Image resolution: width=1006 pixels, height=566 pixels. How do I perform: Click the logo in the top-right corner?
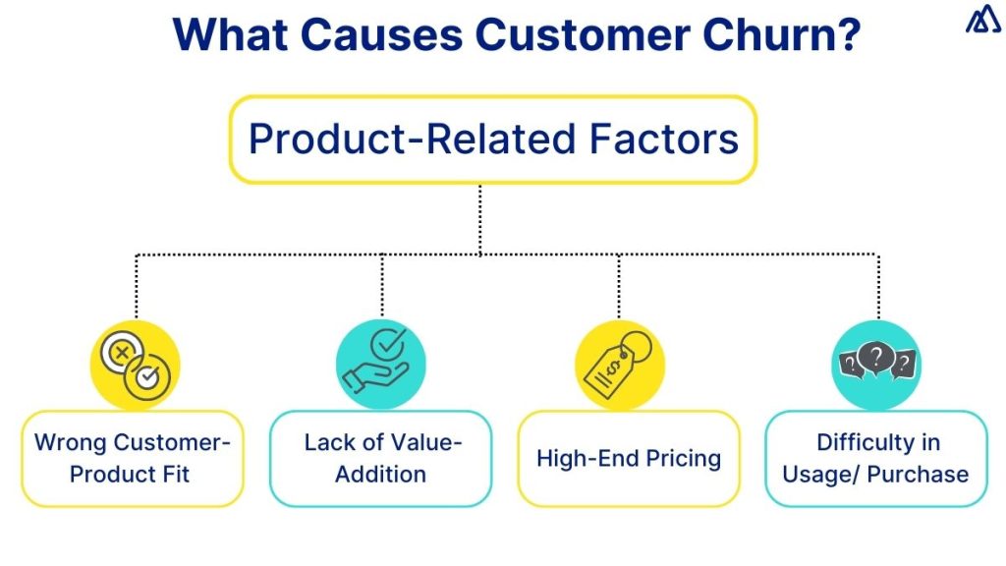pyautogui.click(x=982, y=20)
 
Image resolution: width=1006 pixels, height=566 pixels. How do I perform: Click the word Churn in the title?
pyautogui.click(x=765, y=35)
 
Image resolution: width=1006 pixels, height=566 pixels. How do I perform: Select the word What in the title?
pyautogui.click(x=229, y=35)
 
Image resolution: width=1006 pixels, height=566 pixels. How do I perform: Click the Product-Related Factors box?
pyautogui.click(x=492, y=140)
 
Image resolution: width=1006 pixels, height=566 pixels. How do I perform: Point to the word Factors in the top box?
pyautogui.click(x=663, y=140)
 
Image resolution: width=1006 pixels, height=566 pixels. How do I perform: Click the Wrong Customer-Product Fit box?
pyautogui.click(x=133, y=458)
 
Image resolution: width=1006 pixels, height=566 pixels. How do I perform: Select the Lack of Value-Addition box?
pyautogui.click(x=381, y=458)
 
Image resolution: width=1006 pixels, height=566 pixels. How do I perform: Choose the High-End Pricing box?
pyautogui.click(x=629, y=458)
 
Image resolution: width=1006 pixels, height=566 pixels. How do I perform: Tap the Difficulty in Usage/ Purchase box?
pyautogui.click(x=876, y=458)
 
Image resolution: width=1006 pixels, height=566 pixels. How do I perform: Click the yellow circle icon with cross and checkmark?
pyautogui.click(x=136, y=365)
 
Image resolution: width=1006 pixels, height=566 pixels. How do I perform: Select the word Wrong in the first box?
pyautogui.click(x=70, y=442)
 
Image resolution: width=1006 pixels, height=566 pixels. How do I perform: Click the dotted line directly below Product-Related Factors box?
pyautogui.click(x=479, y=218)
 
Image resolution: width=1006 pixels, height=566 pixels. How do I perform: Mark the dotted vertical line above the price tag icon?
pyautogui.click(x=619, y=287)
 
